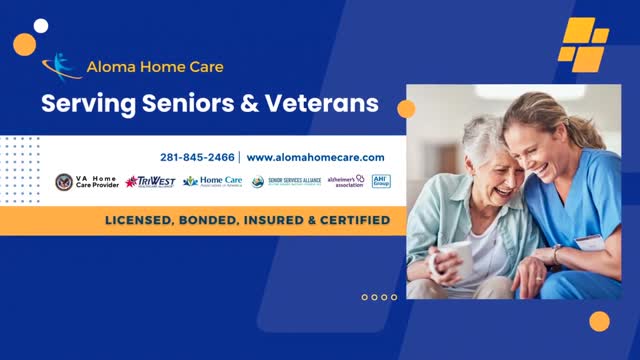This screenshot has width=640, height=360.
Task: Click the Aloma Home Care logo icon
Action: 62,66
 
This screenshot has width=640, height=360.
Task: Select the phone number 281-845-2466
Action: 197,158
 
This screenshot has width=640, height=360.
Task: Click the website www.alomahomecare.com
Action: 315,158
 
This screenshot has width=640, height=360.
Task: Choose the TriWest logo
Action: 150,182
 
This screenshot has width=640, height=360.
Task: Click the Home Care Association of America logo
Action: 212,182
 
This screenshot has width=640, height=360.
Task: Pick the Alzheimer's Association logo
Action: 345,182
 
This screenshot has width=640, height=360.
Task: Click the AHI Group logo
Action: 381,181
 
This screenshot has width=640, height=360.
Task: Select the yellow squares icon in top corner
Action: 583,44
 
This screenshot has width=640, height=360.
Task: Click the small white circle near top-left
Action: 41,25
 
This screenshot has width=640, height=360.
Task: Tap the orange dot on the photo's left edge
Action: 406,108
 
